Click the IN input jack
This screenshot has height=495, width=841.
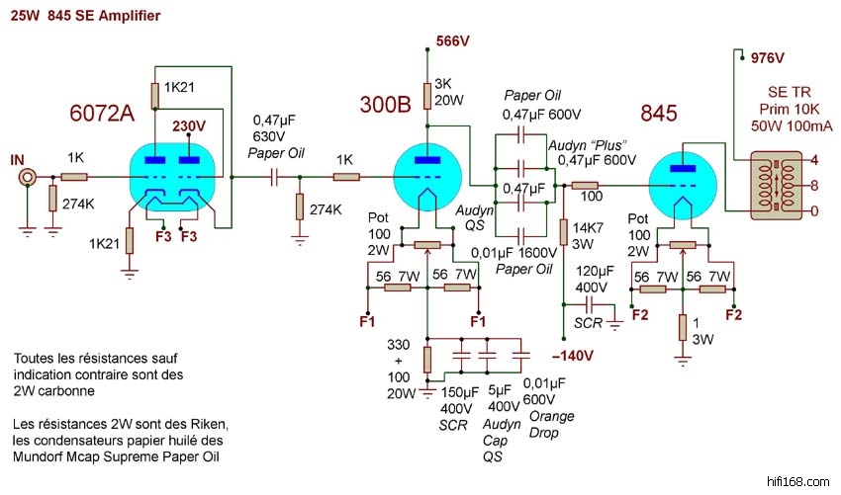[x=28, y=178]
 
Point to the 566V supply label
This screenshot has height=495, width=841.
[x=453, y=41]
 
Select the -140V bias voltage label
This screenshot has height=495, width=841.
[x=570, y=355]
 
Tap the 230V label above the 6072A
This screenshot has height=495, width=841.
[x=188, y=126]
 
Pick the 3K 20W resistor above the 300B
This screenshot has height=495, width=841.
[x=426, y=96]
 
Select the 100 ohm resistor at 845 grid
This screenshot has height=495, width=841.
[x=585, y=186]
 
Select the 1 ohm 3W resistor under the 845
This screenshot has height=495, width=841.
[x=683, y=327]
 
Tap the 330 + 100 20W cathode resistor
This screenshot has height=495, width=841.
[x=426, y=360]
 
